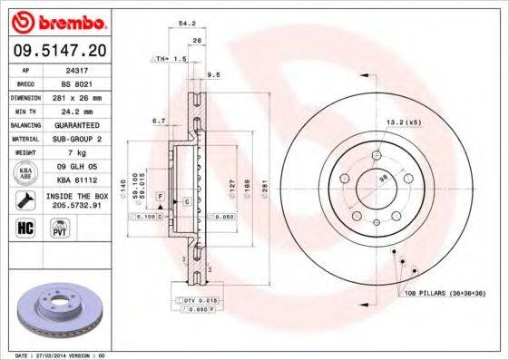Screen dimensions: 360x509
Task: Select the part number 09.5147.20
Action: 56,48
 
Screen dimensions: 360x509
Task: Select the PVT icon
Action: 57,229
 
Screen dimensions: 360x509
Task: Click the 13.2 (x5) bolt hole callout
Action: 402,122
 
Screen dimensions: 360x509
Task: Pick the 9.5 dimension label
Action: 215,74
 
